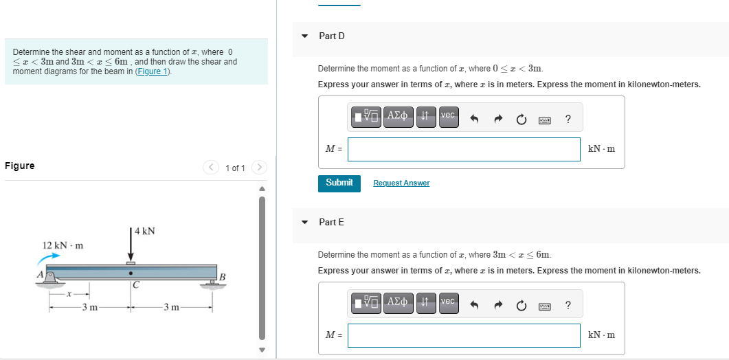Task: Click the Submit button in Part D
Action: [x=339, y=183]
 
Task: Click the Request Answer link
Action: [x=401, y=183]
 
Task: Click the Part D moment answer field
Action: [x=464, y=149]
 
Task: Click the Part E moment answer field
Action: [x=464, y=335]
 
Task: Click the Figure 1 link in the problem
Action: [x=153, y=71]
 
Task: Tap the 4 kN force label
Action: [x=145, y=231]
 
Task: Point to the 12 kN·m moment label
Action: [x=63, y=245]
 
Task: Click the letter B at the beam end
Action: [x=221, y=277]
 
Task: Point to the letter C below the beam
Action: [x=136, y=284]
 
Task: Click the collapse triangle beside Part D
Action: [x=305, y=36]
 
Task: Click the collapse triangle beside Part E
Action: [x=305, y=222]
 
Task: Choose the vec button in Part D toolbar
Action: [x=447, y=115]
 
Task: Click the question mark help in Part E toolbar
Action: [x=568, y=305]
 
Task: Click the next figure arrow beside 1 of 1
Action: [x=259, y=168]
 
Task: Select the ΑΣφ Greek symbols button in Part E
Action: [x=399, y=302]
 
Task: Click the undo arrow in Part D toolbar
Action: [x=474, y=120]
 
